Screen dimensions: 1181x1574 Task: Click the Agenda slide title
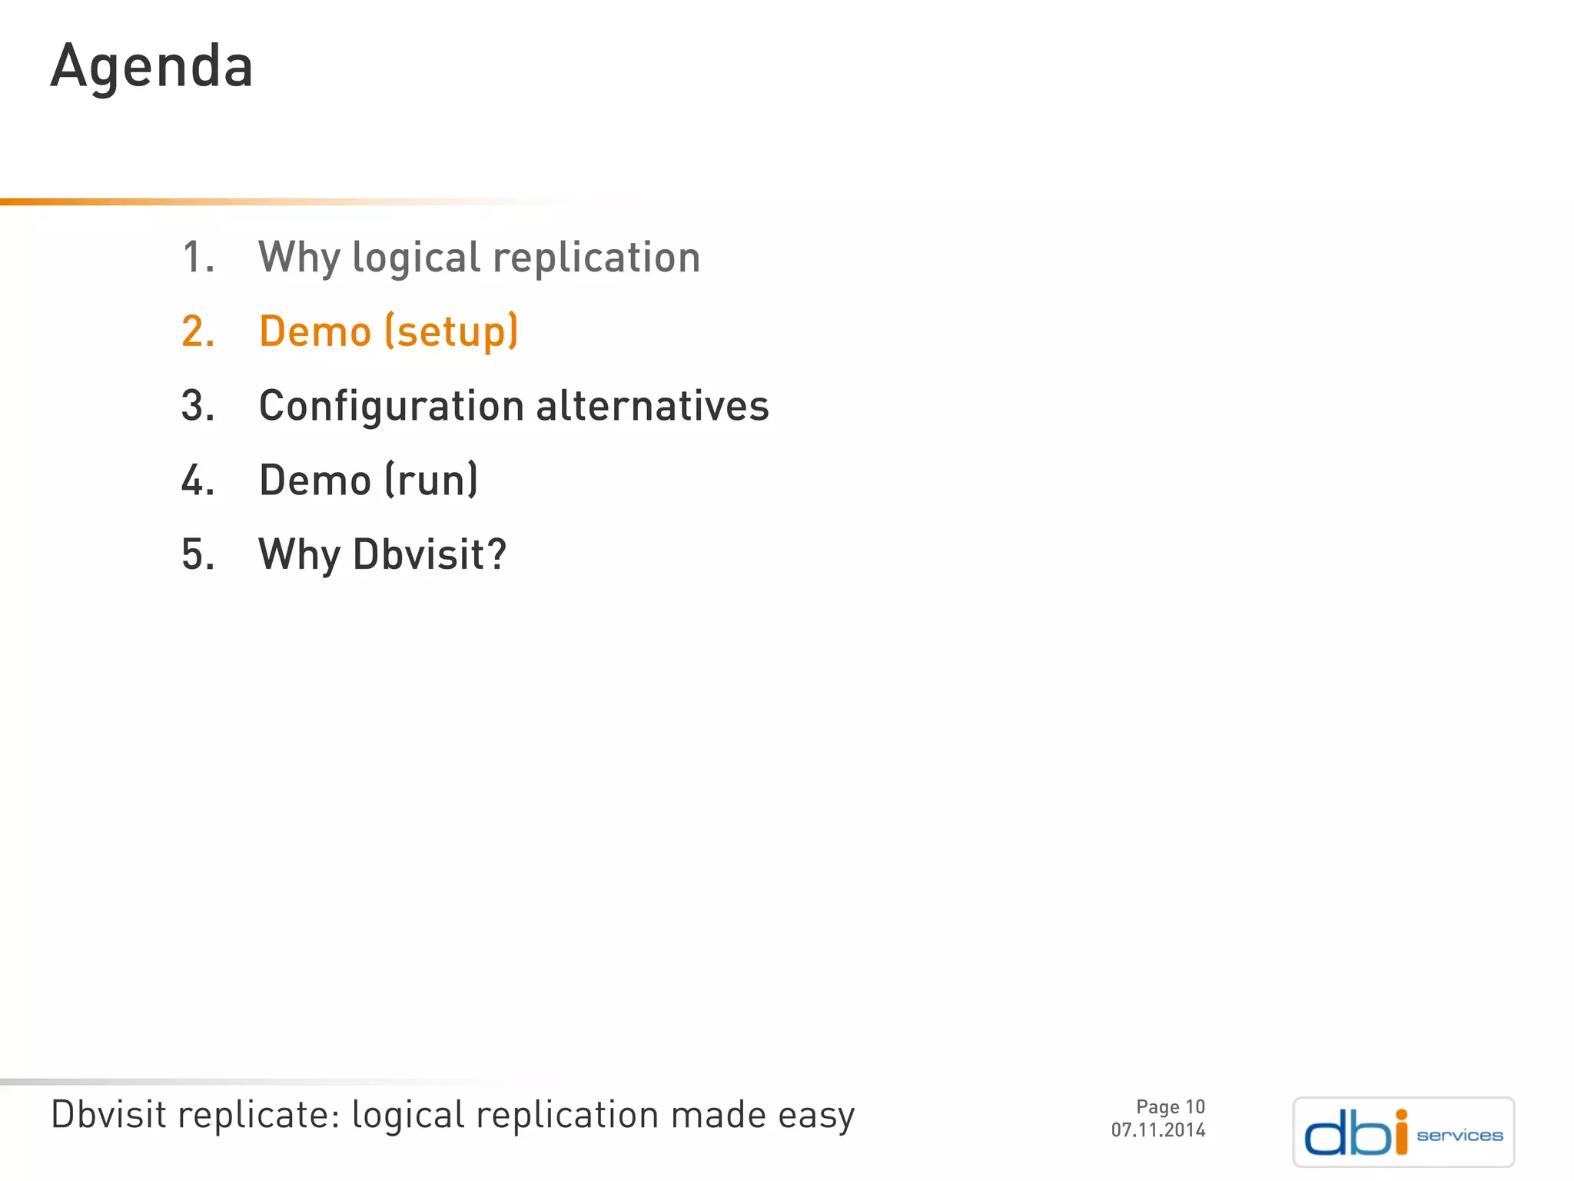151,68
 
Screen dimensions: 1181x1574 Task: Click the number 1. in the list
198,258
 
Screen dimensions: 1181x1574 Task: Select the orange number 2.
198,332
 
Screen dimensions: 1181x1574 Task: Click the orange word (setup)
451,332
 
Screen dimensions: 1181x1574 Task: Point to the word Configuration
391,407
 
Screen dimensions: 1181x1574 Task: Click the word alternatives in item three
652,406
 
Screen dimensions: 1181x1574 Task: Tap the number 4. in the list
198,481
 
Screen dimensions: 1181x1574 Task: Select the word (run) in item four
430,481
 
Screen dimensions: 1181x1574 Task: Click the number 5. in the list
198,554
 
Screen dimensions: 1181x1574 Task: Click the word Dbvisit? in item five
430,554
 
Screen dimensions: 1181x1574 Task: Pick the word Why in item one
299,258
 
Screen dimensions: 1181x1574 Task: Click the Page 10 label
1170,1106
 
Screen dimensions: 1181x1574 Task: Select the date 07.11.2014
1157,1130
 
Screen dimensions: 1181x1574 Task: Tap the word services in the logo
1459,1136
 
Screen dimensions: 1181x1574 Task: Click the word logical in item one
416,258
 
